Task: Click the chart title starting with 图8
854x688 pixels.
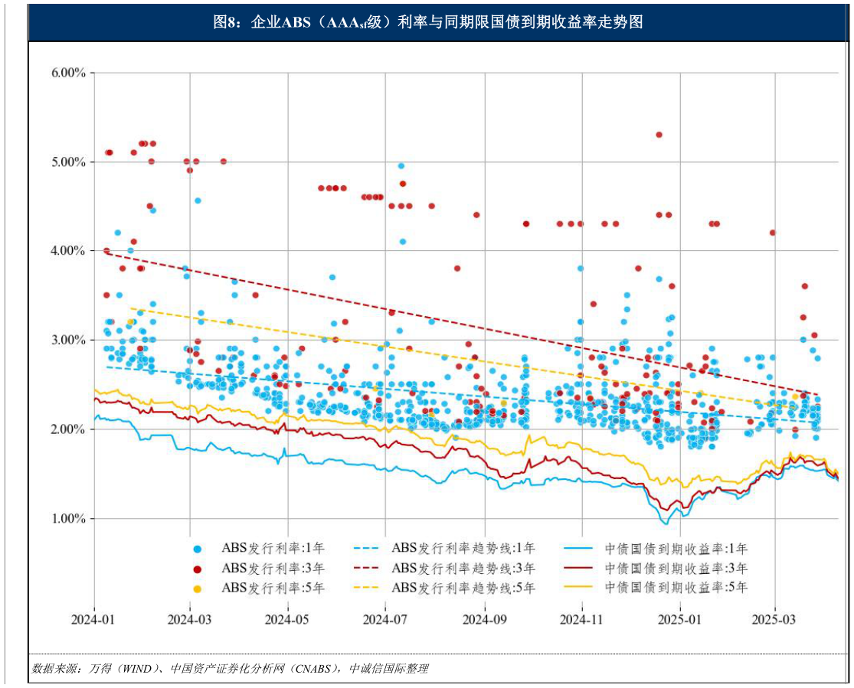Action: click(427, 22)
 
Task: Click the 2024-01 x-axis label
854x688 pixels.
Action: click(94, 618)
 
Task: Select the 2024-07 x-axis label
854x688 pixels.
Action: click(386, 618)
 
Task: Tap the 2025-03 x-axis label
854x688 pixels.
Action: click(775, 618)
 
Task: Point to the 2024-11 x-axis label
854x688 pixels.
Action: click(583, 618)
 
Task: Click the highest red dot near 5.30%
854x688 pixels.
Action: click(659, 135)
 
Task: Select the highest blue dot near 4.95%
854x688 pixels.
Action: click(401, 166)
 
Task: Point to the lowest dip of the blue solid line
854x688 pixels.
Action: click(665, 523)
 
